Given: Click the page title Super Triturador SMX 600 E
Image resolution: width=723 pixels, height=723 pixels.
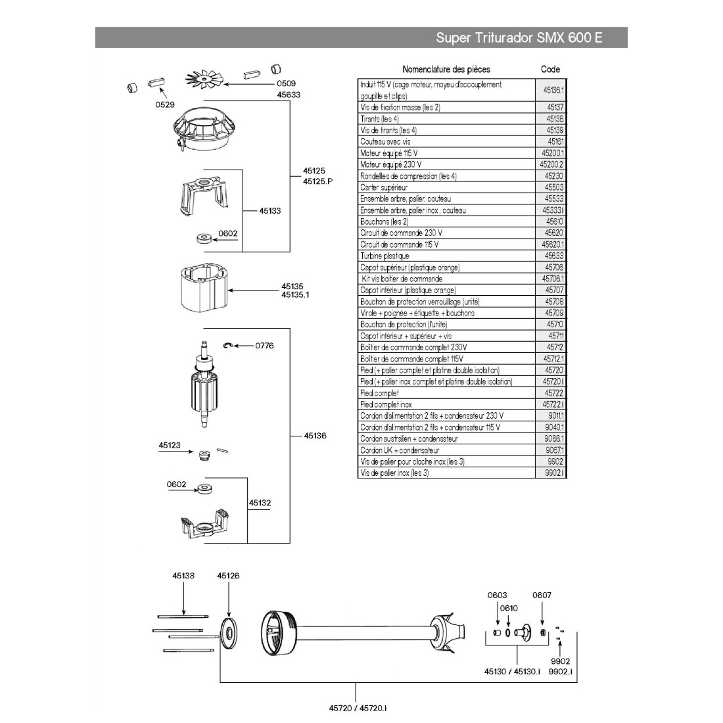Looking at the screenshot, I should tap(519, 37).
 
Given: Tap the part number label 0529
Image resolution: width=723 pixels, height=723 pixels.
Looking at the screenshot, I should tap(164, 104).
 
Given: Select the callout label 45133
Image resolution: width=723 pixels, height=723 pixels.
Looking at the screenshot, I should tap(269, 211).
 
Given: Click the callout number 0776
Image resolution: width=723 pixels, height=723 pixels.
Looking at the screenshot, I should tap(264, 345).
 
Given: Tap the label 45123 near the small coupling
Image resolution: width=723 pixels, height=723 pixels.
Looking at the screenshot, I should tap(170, 445).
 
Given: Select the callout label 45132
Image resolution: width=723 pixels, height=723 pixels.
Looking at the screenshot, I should tap(260, 503).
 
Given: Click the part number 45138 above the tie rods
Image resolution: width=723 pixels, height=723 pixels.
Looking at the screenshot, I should tap(183, 575).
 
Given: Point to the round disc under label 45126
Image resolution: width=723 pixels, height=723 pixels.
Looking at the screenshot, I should tap(228, 632).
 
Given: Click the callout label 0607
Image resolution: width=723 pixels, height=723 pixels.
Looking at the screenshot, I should tap(542, 595).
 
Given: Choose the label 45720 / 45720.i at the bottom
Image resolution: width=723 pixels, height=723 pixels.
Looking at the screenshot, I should tap(358, 707).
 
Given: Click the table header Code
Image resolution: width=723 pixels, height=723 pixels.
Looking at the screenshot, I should tap(550, 69).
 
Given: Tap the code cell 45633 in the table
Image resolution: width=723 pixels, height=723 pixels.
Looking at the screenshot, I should tap(554, 256).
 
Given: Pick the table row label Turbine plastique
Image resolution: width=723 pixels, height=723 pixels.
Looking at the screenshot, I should tap(385, 256).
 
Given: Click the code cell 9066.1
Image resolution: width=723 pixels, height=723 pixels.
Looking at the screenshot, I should tap(555, 438).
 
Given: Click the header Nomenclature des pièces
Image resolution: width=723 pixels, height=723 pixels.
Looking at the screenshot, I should tap(446, 69).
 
